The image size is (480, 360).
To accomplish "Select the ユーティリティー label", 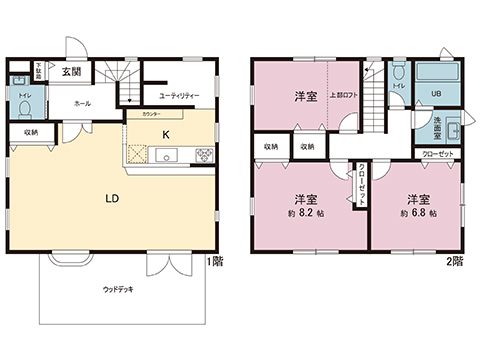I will coord(179,95).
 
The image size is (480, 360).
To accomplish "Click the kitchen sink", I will coord(166,154).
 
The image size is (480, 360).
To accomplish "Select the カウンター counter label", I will coord(150,115).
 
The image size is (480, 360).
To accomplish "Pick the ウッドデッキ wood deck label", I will coord(119,289).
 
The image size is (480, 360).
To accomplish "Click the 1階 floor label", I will coord(217,263).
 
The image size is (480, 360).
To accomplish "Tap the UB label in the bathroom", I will coord(436,94).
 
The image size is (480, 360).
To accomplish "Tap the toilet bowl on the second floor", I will coord(398,75).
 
